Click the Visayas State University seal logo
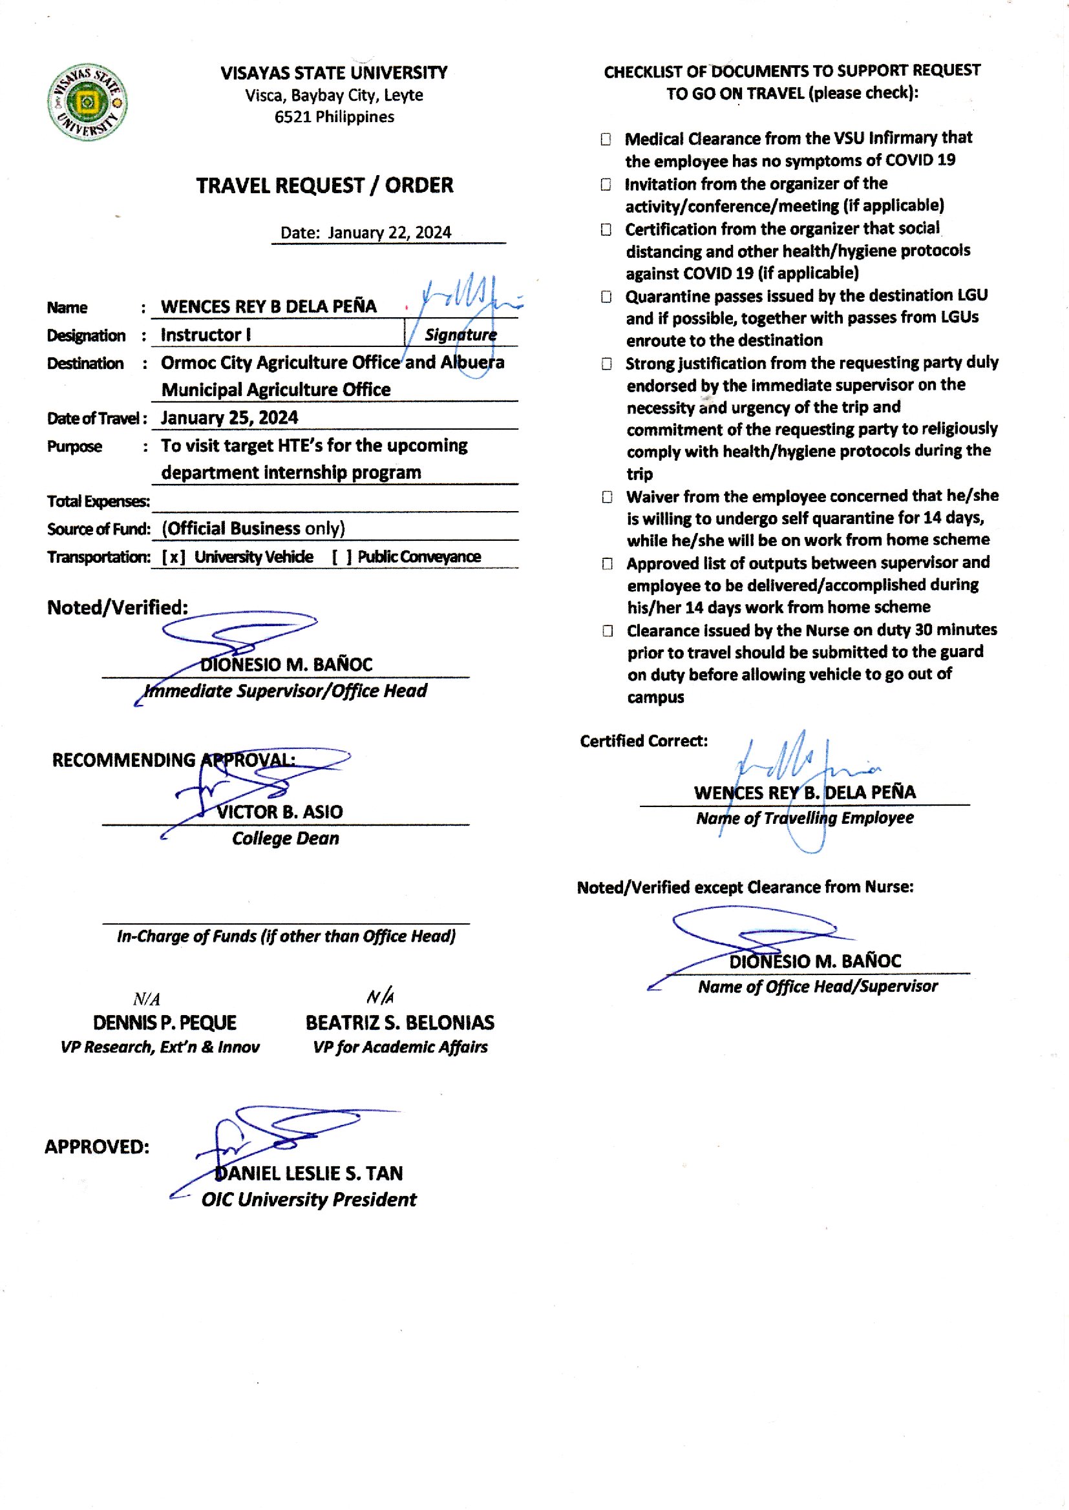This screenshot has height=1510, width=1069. (87, 103)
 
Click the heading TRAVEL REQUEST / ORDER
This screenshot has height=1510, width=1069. (324, 185)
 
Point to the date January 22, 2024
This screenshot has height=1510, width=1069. (389, 233)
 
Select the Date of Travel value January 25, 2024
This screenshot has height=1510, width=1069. (229, 418)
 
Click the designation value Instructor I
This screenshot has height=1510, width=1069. (206, 335)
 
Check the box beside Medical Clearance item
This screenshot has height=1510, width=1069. (606, 140)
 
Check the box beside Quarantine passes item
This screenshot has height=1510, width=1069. (606, 297)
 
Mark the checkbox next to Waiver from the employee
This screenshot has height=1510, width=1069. (607, 497)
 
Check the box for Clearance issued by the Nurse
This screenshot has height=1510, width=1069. (608, 631)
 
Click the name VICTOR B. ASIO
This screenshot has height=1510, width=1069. (280, 812)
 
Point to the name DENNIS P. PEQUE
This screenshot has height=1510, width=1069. (165, 1022)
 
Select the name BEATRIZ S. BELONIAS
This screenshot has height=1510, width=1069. (399, 1022)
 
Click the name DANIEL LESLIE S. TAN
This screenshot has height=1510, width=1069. (309, 1173)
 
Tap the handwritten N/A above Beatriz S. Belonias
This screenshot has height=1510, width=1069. (381, 997)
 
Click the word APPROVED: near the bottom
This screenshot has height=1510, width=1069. (97, 1147)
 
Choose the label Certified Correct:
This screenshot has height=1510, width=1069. (643, 742)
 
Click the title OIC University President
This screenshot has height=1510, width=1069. (309, 1200)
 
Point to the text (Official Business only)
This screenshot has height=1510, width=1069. (253, 529)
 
